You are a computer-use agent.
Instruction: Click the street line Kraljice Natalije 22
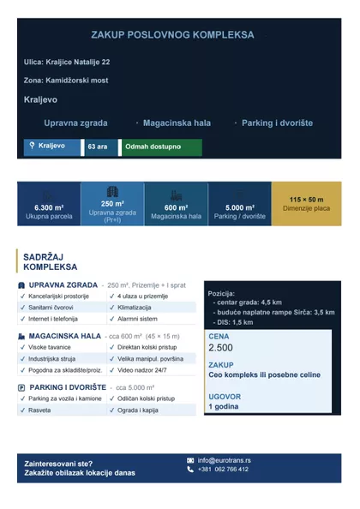tap(67, 63)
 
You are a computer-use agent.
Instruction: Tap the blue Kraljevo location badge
tap(52, 147)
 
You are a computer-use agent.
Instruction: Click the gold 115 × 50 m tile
tap(307, 203)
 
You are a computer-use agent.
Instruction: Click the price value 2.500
tap(220, 348)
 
